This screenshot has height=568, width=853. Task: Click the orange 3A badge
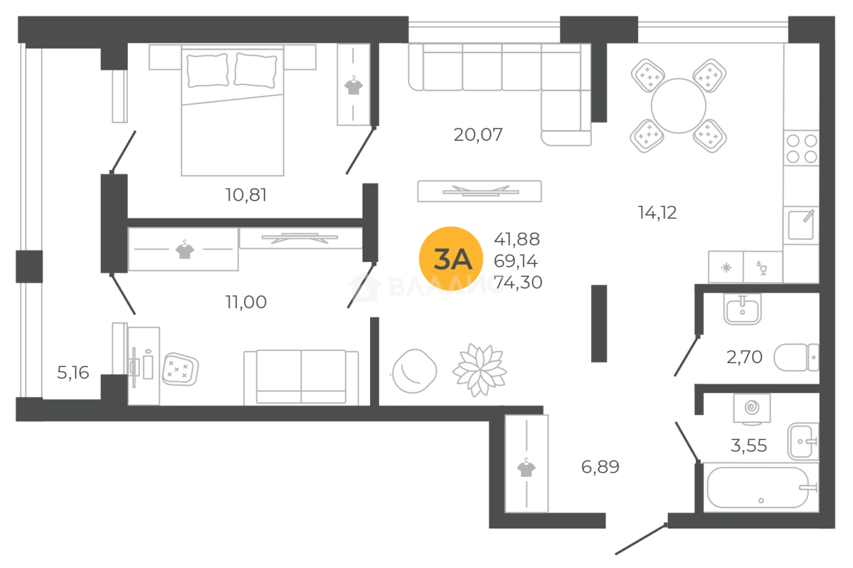450,259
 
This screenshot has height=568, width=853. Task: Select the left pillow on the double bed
206,71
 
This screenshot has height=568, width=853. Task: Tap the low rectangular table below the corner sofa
478,193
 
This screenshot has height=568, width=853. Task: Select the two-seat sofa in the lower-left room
302,377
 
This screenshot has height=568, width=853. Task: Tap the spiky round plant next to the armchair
480,370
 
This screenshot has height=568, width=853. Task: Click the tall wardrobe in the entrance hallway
526,463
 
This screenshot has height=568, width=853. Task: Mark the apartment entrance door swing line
636,537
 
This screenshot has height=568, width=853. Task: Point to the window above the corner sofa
484,25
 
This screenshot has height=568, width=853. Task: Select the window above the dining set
713,25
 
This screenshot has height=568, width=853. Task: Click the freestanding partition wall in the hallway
598,324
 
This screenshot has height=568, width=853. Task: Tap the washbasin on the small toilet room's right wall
795,358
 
